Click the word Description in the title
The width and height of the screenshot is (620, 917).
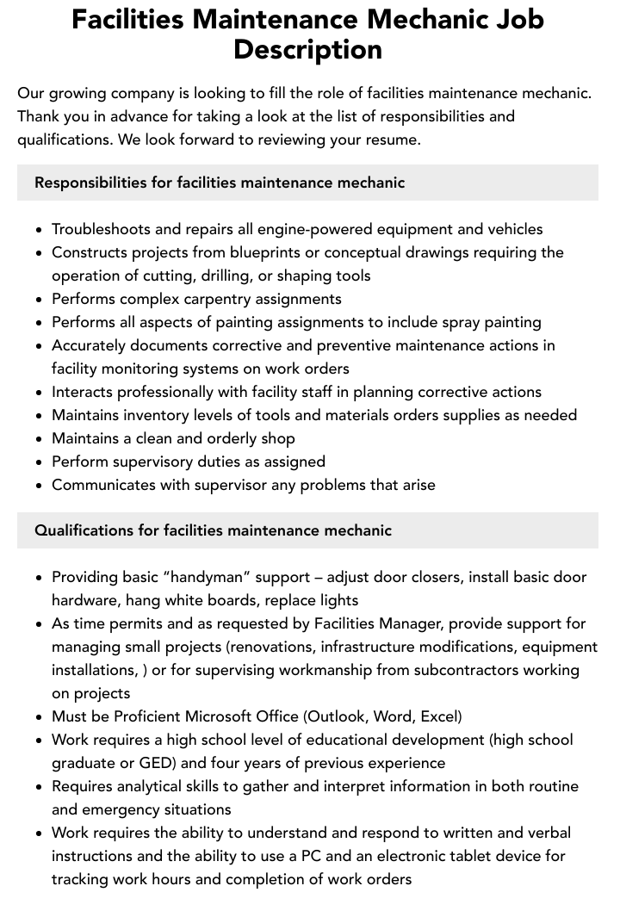pos(307,49)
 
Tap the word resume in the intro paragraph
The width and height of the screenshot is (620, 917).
pos(393,139)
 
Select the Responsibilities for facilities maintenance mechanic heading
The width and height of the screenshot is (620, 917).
pos(220,183)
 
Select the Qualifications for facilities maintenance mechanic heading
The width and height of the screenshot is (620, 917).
pos(213,530)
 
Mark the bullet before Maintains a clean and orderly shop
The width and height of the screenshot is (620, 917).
pos(39,439)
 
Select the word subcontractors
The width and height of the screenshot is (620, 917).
pos(469,670)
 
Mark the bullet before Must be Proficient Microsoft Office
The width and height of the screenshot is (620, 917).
pos(39,717)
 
